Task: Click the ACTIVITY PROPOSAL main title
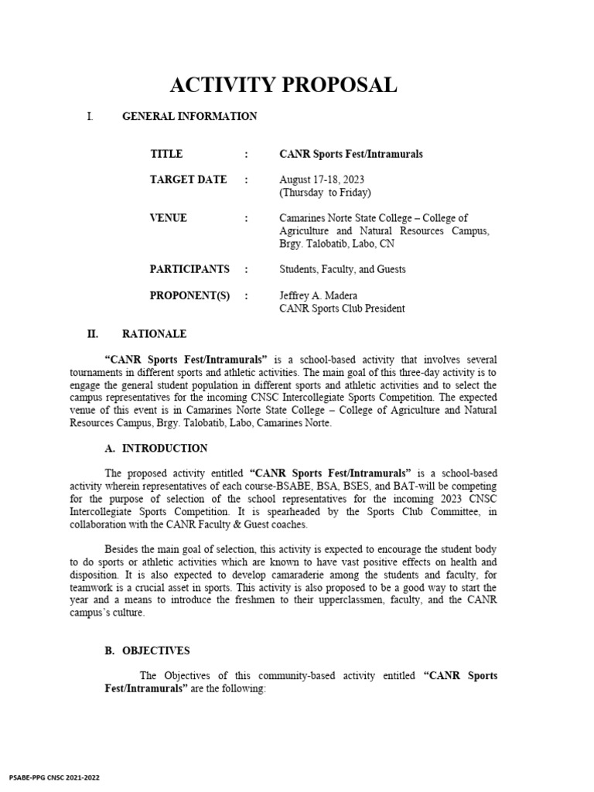pos(283,85)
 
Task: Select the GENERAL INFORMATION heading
pos(189,117)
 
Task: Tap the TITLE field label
pos(166,154)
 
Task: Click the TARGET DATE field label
pos(188,179)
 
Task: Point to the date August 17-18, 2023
pos(321,179)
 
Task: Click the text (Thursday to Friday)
pos(325,193)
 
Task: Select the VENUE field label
pos(168,218)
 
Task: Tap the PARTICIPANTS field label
pos(189,269)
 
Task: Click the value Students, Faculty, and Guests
pos(342,270)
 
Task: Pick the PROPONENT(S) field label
pos(189,295)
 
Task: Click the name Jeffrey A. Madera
pos(318,295)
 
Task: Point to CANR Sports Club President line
pos(342,309)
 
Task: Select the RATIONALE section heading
pos(154,334)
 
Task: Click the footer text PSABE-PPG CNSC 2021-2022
pos(54,777)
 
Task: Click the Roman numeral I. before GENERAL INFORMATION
pos(90,117)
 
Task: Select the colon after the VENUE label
pos(246,218)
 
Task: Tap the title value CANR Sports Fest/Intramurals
pos(351,154)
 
